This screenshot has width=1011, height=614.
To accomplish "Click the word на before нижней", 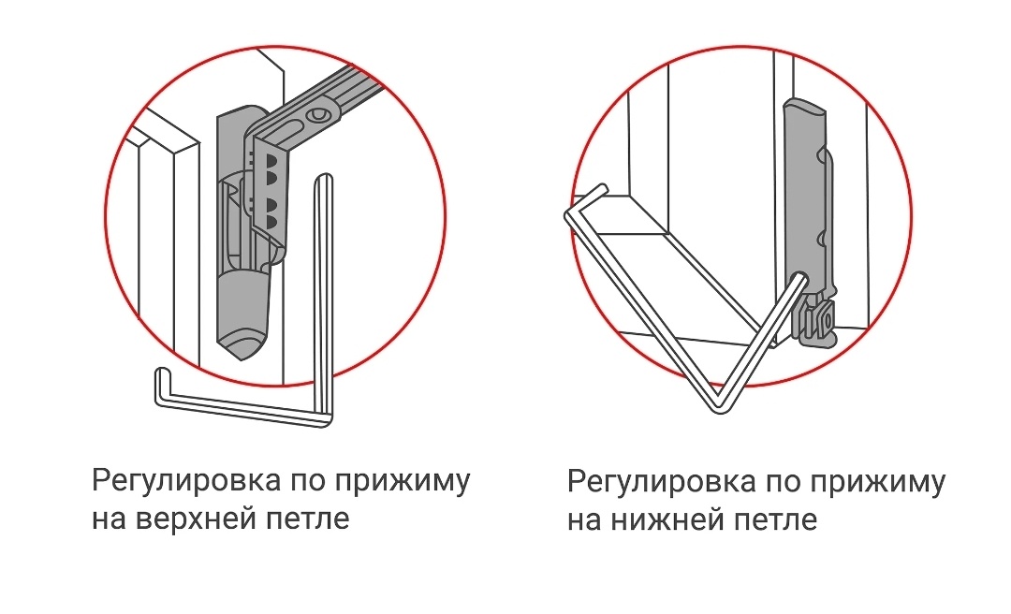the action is coord(584,520).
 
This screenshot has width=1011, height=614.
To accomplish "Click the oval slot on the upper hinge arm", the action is coord(317,115).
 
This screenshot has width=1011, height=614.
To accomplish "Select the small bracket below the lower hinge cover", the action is coord(816,323).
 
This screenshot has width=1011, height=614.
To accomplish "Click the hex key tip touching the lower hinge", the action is coord(799,278).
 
